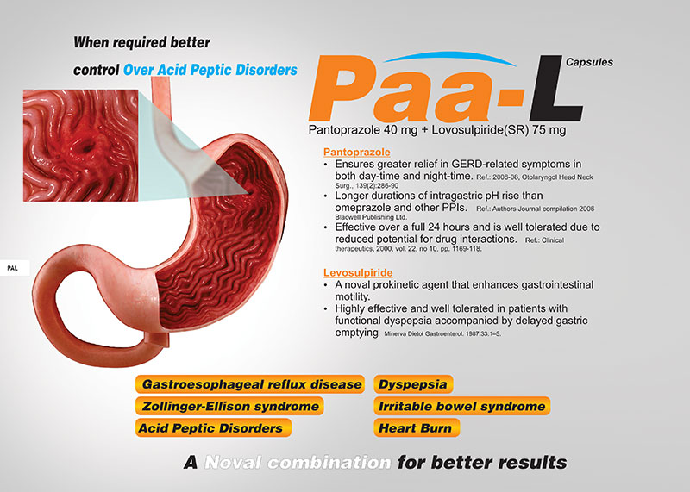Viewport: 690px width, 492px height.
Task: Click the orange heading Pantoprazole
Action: point(357,152)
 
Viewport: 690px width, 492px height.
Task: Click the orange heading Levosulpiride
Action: point(358,272)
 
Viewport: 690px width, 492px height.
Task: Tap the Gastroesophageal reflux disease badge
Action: point(250,384)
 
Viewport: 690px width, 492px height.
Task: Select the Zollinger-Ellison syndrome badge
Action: point(229,406)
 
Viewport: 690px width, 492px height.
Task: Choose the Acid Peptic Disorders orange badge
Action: point(213,427)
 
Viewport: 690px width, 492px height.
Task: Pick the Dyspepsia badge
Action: point(413,384)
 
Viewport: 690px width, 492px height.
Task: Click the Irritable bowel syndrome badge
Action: point(461,406)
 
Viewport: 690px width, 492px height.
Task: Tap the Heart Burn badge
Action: point(417,427)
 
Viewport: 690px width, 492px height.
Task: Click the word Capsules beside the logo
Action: point(589,62)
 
